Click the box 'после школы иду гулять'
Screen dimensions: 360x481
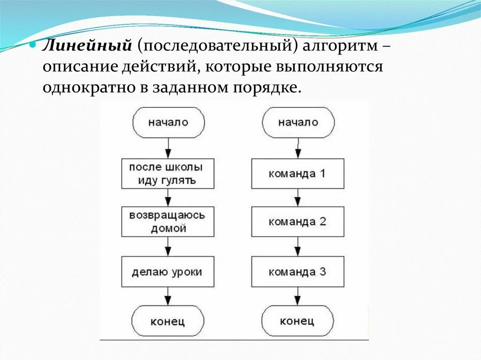[168, 174]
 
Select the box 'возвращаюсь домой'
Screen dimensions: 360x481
[168, 222]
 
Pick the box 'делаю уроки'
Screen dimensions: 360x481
[168, 272]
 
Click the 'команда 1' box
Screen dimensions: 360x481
[297, 174]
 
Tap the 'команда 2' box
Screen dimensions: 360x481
[297, 222]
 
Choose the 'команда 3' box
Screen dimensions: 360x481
[297, 272]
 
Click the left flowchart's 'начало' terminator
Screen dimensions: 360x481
[168, 123]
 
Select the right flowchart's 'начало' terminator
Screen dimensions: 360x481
[298, 123]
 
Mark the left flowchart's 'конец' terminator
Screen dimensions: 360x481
[168, 322]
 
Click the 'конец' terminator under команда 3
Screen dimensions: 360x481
[297, 321]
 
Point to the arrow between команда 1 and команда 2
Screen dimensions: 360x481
[297, 198]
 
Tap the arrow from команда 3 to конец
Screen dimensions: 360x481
[297, 296]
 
